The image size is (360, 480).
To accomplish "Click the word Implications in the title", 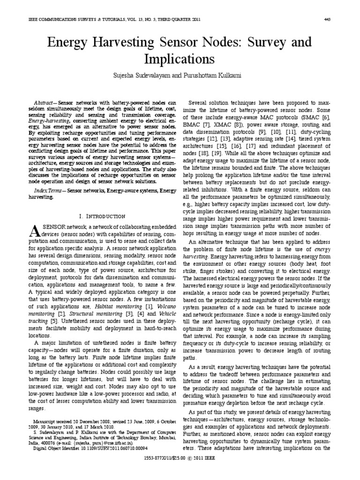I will tap(180, 60).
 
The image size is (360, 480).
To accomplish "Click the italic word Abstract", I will tap(45, 102).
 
